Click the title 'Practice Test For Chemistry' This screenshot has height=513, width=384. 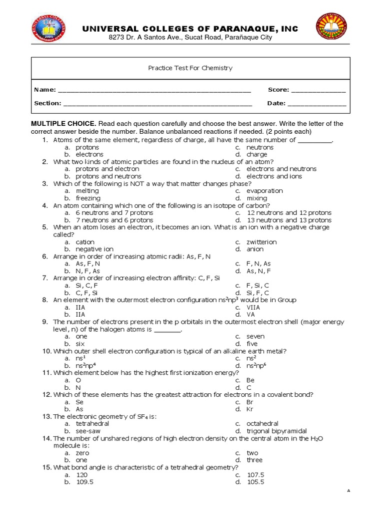point(190,68)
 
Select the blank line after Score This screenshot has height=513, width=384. point(318,91)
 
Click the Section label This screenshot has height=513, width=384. point(47,103)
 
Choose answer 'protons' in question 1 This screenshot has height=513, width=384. point(87,148)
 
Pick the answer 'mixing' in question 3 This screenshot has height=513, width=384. point(257,198)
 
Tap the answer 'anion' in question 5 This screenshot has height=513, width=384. point(255,249)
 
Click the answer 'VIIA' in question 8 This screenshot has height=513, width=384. point(254,307)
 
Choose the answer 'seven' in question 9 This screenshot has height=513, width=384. point(255,337)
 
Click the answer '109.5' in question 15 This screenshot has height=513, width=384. point(84,482)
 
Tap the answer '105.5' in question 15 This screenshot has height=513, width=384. point(255,482)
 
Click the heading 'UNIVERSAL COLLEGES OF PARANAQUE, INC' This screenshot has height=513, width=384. point(190,29)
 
